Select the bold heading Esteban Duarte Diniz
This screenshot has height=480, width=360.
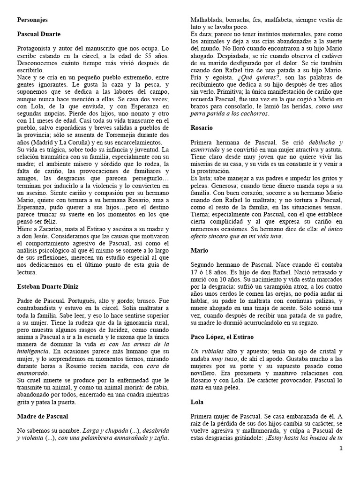(x=47, y=286)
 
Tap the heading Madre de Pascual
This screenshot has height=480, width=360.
(x=42, y=416)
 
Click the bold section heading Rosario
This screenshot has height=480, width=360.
(x=202, y=127)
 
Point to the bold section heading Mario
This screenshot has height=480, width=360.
(x=199, y=251)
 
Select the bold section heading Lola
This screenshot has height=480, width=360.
(x=197, y=402)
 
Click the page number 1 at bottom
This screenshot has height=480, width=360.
(x=341, y=449)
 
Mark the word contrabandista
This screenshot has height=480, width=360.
(x=41, y=308)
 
